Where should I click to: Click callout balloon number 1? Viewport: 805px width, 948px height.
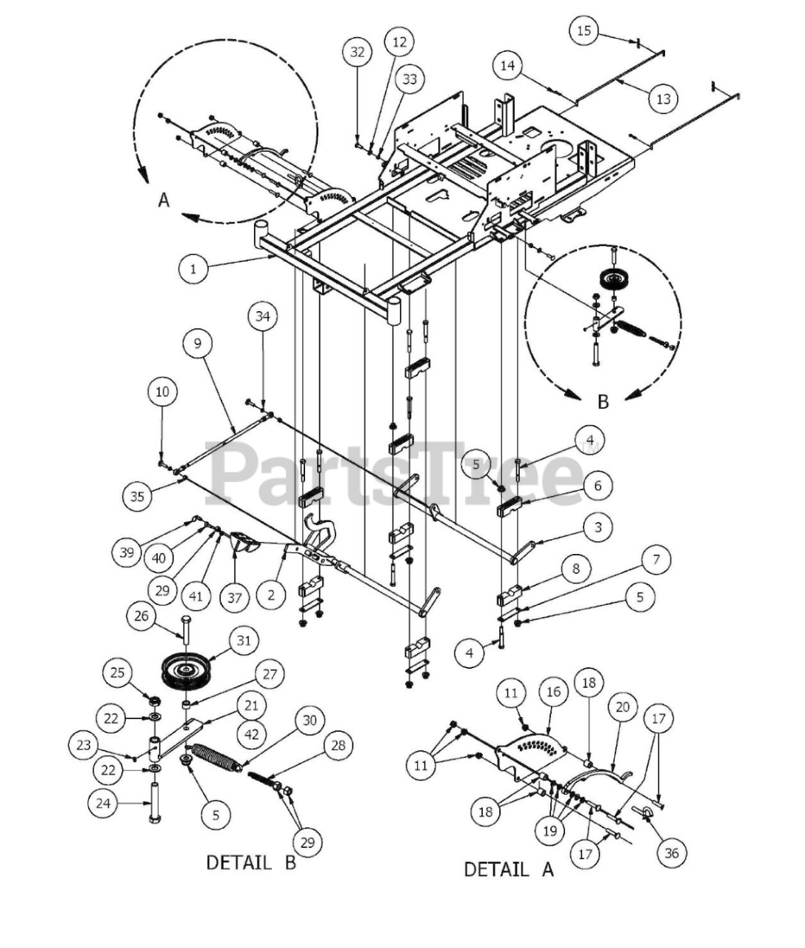point(193,268)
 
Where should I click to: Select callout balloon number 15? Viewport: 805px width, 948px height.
point(584,30)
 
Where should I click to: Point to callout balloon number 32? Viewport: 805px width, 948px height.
point(358,52)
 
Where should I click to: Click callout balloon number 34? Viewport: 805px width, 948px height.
point(263,317)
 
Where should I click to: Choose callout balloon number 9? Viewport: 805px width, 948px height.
point(198,344)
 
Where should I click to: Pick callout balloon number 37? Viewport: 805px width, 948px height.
point(235,596)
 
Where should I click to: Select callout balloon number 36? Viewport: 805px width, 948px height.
point(671,852)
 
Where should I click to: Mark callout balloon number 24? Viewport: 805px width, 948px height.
point(104,802)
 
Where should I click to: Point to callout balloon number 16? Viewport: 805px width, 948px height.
point(553,692)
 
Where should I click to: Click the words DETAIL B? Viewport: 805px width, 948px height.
point(250,862)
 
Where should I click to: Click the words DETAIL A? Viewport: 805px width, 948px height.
point(508,869)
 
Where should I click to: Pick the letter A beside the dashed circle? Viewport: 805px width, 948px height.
point(164,200)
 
